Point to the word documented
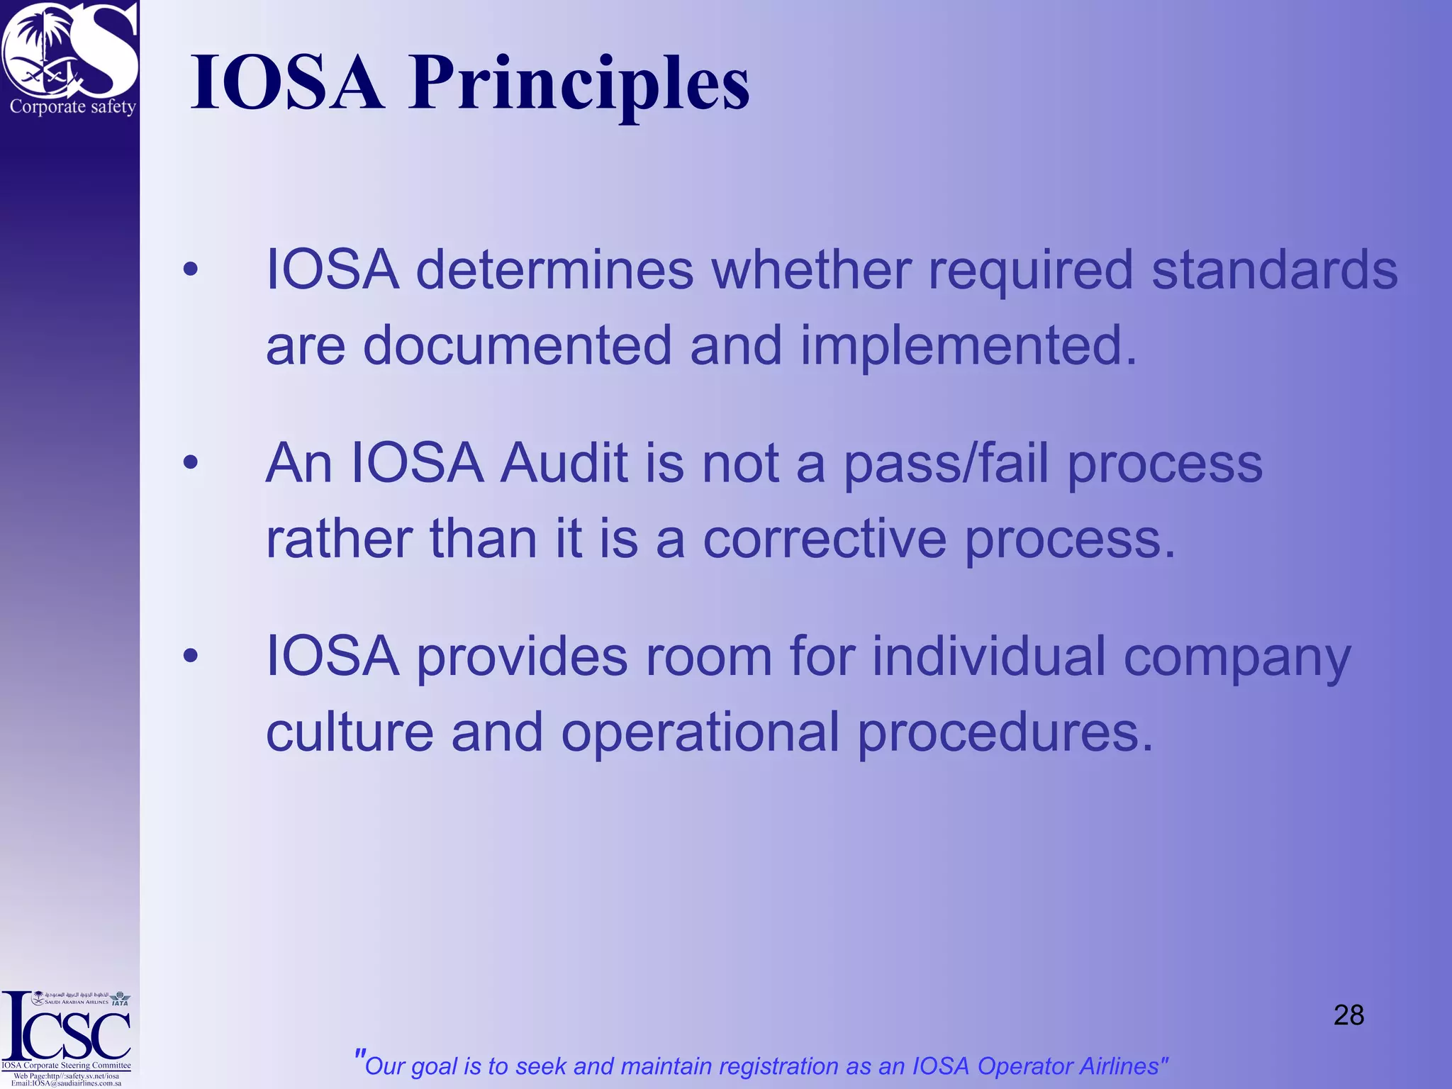[x=517, y=345]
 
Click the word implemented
[x=968, y=347]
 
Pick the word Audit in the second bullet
[x=564, y=464]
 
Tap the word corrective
[x=825, y=539]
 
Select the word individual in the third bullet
[x=989, y=656]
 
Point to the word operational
[x=700, y=732]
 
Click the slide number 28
[x=1348, y=1015]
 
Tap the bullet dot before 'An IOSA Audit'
[x=190, y=463]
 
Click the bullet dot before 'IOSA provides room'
[x=190, y=656]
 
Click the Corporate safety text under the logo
[x=72, y=107]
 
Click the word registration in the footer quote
[x=778, y=1066]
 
